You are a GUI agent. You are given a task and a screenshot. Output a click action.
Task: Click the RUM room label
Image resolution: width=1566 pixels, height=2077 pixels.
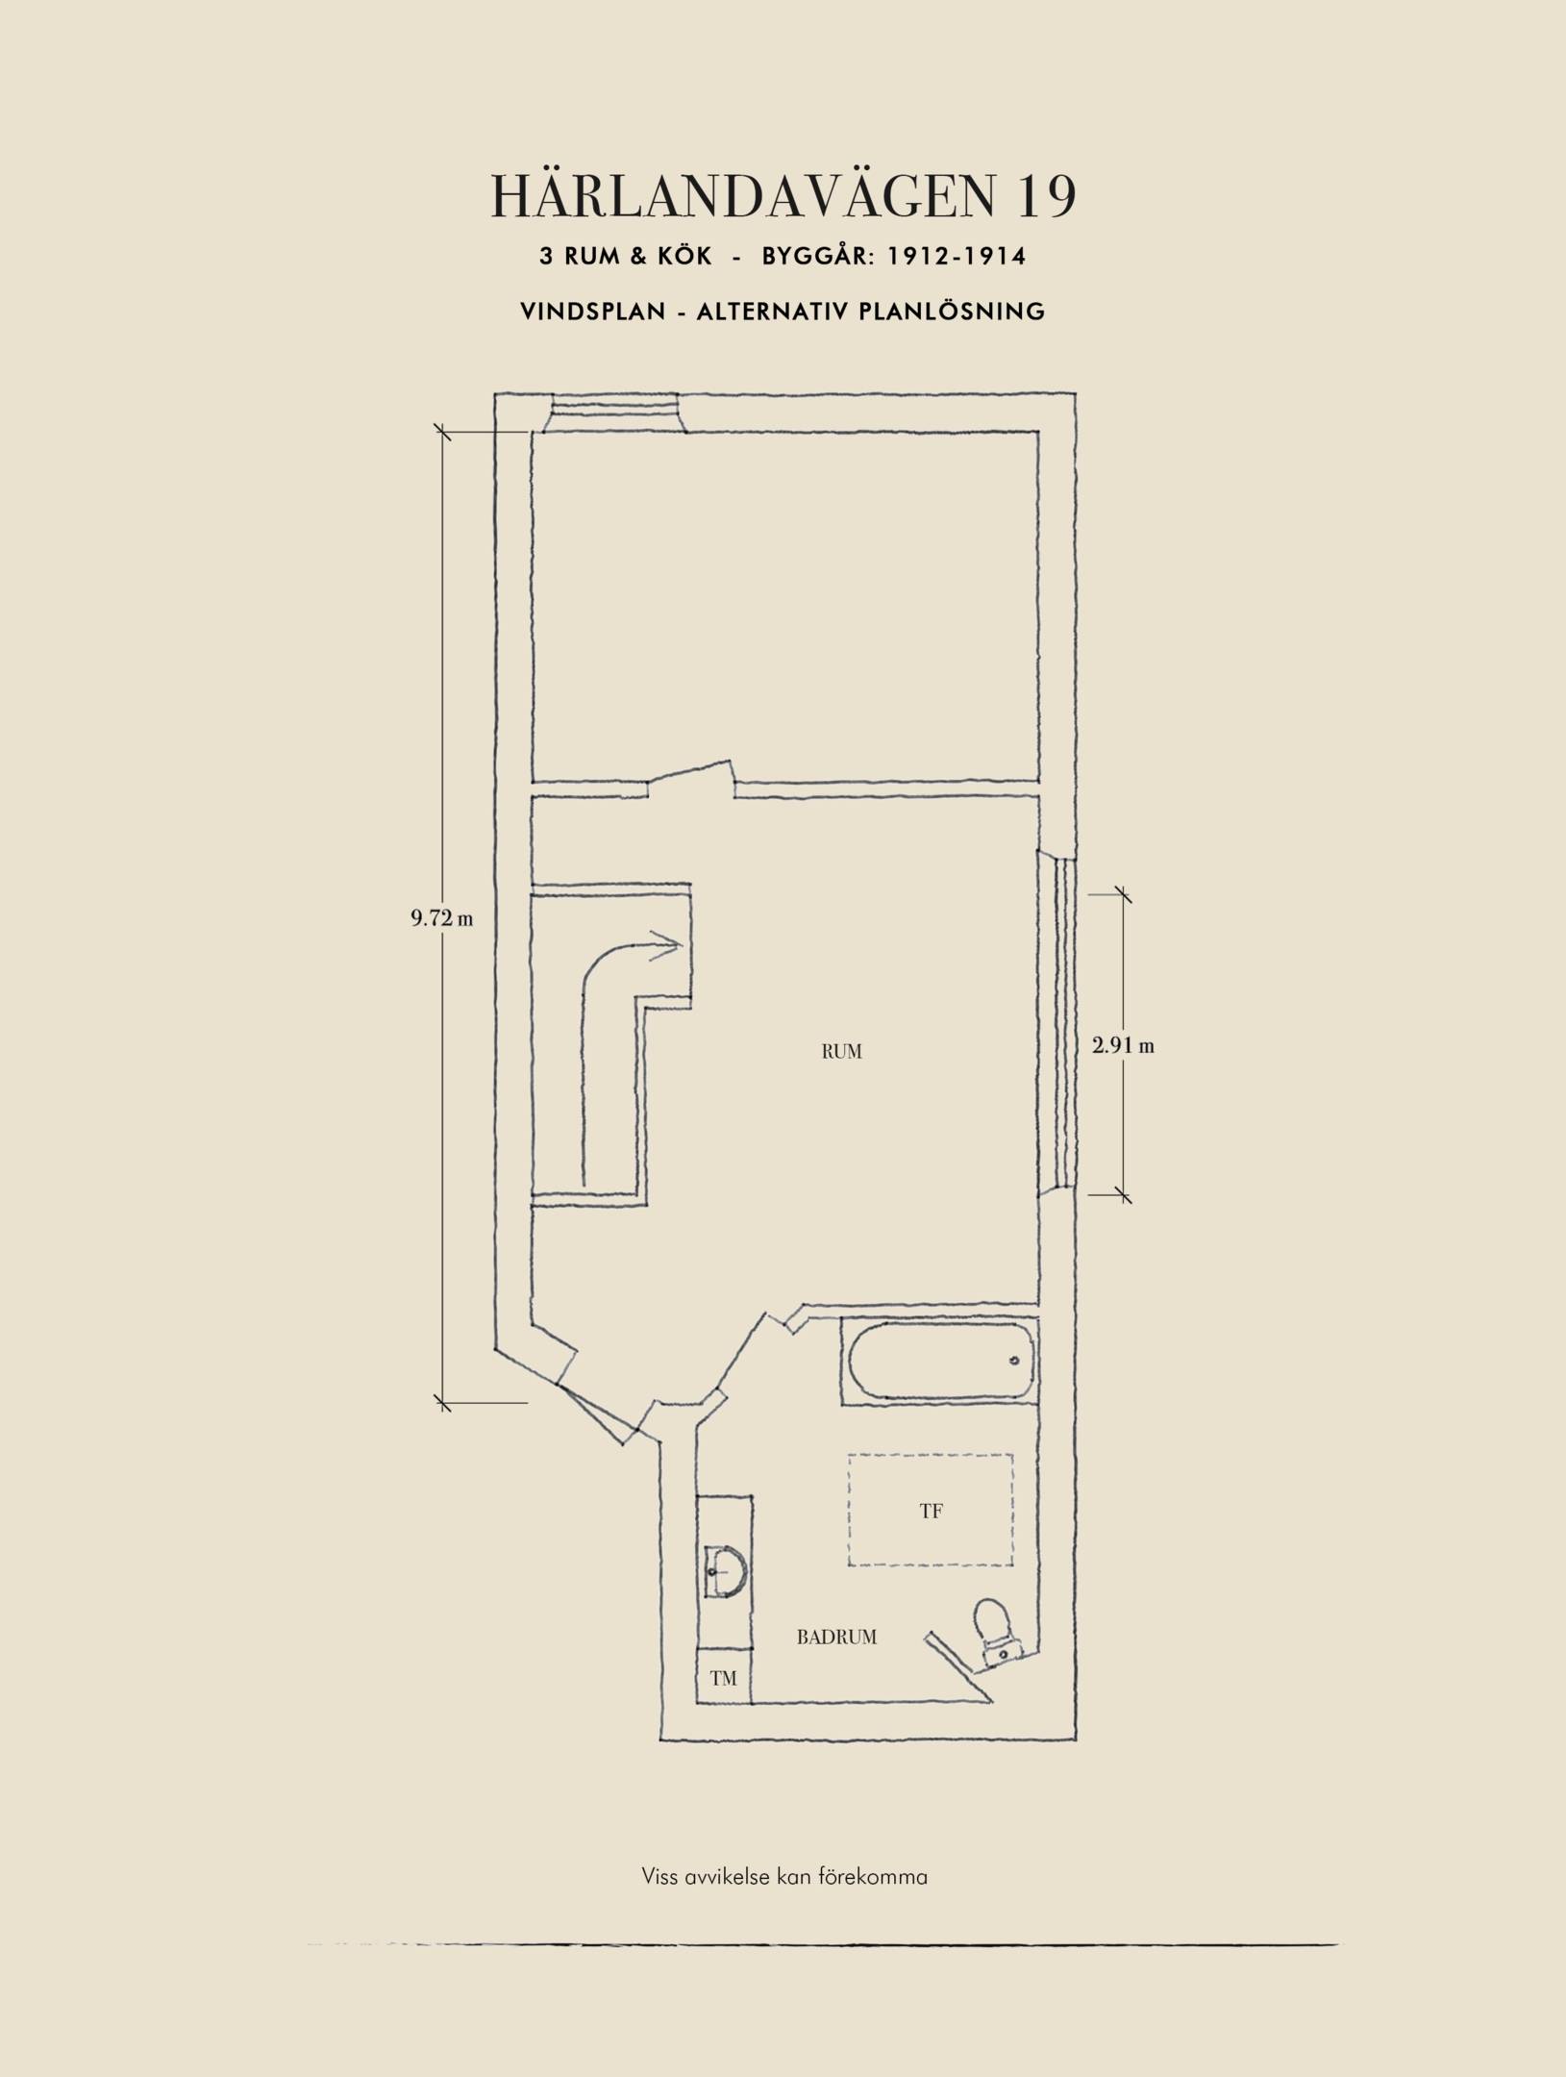point(841,1052)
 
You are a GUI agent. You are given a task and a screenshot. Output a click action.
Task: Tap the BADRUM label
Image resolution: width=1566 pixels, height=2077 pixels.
point(836,1637)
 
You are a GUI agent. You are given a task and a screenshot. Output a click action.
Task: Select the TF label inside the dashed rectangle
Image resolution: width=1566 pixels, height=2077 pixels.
point(931,1511)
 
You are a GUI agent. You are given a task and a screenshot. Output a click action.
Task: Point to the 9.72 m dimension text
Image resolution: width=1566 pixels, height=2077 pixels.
point(442,918)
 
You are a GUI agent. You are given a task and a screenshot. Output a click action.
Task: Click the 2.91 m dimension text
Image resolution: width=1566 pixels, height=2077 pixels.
point(1123,1045)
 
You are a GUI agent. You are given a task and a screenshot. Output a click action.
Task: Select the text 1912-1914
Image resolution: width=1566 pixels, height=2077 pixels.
point(956,256)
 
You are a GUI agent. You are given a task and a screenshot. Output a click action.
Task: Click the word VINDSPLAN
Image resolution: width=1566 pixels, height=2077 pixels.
point(593,312)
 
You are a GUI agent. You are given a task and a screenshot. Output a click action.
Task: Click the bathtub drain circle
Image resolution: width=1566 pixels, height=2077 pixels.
point(1013,1361)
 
